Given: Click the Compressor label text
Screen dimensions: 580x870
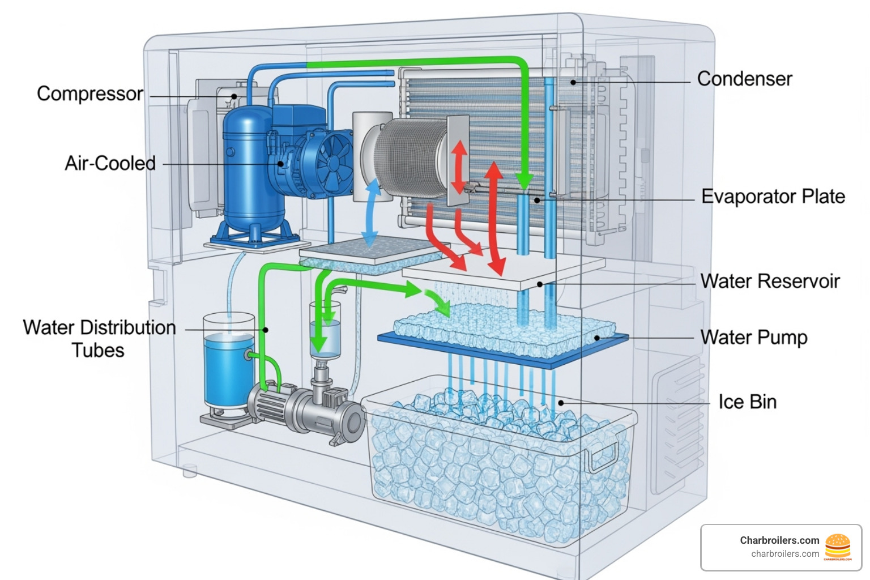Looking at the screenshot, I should [x=89, y=93].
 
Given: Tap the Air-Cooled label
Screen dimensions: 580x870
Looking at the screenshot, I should [x=110, y=163].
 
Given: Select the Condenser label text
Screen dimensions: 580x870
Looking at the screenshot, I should [x=744, y=79].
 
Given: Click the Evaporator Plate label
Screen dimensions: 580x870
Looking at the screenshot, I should [x=773, y=197].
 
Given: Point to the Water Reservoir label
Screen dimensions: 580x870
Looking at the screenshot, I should [x=770, y=281].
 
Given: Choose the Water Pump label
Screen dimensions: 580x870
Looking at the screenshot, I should [x=753, y=337].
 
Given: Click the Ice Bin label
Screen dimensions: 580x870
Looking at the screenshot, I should [x=747, y=402].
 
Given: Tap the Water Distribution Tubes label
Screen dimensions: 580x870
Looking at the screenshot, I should [x=99, y=339].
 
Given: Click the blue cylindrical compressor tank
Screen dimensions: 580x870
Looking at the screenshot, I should [x=247, y=170].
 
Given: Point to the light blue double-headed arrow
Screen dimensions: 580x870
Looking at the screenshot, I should [x=371, y=213].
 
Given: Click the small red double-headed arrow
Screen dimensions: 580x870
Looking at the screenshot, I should [x=459, y=167].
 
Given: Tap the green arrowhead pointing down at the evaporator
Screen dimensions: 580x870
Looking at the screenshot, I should [x=524, y=181].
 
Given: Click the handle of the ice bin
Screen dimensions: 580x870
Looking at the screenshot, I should [x=604, y=456].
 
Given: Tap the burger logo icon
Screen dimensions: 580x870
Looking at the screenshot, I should [x=838, y=547].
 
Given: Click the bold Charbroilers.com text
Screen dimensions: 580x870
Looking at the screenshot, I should [x=779, y=540].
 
